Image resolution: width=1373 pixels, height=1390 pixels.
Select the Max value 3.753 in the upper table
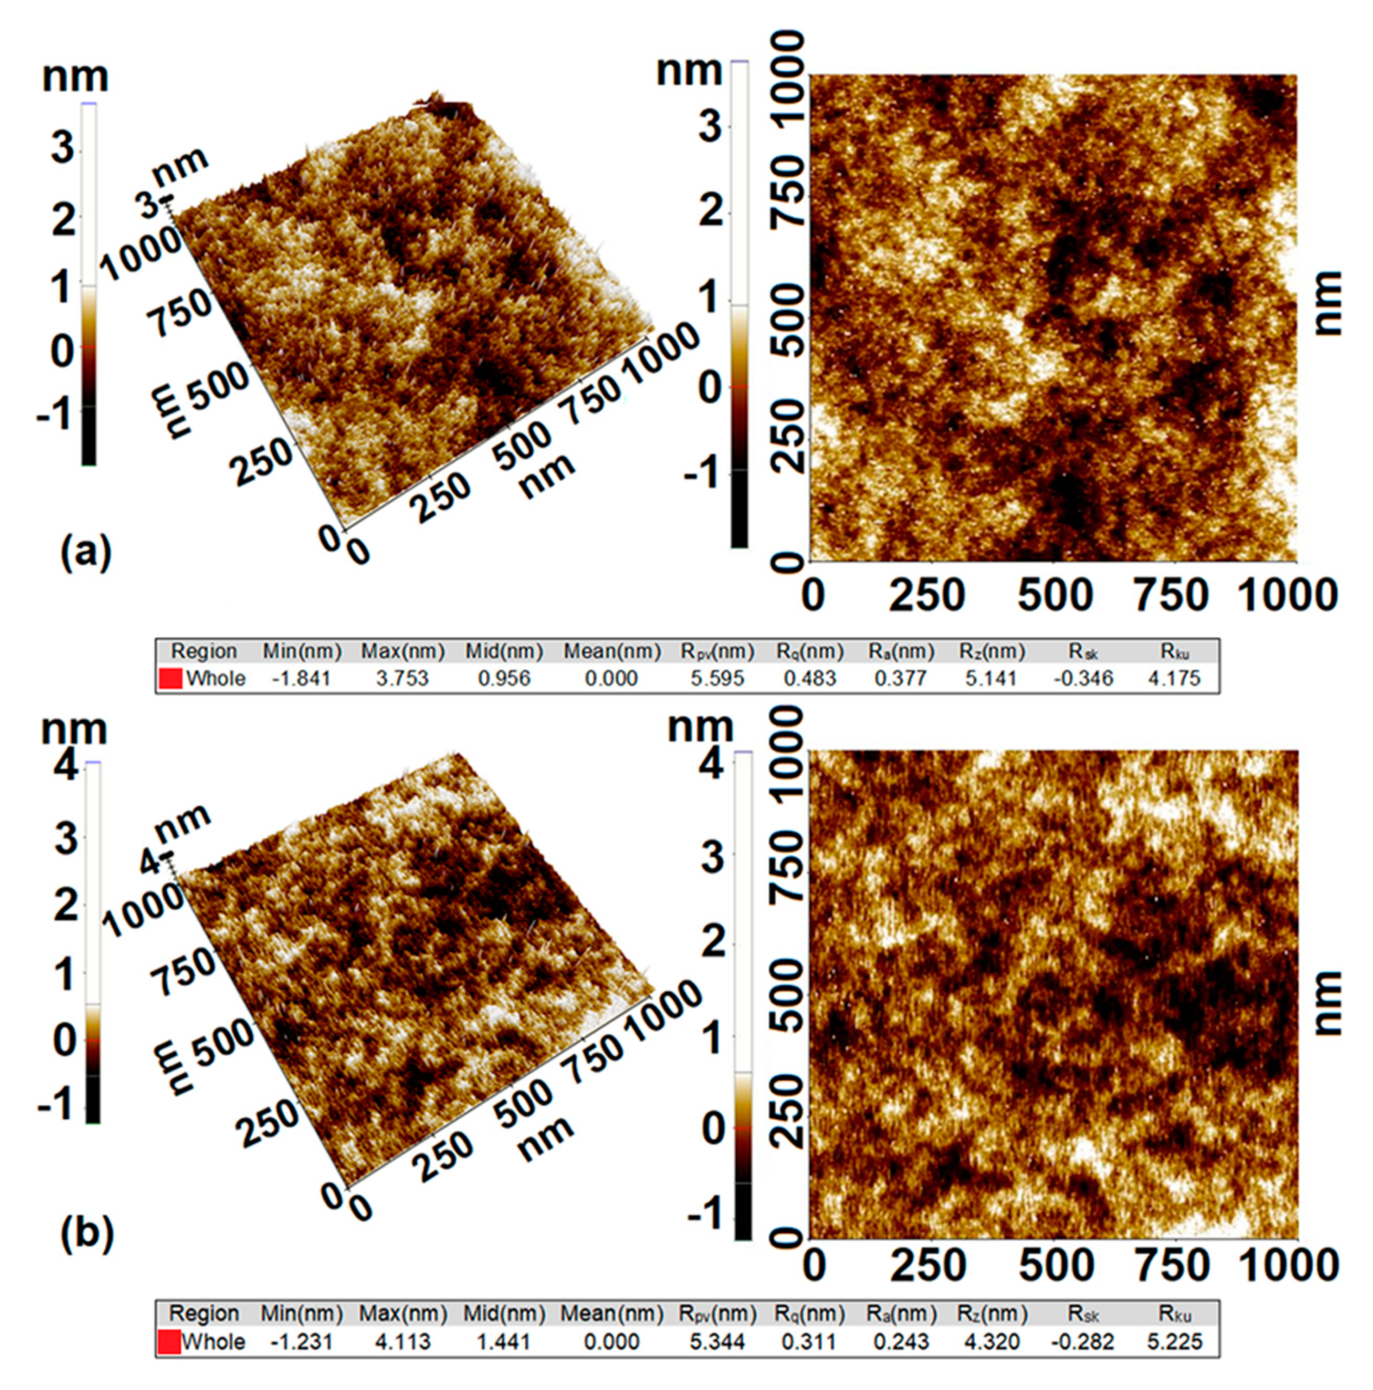[x=402, y=678]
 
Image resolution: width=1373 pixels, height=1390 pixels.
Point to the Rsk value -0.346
[x=1083, y=678]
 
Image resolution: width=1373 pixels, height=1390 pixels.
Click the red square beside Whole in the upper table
[x=171, y=678]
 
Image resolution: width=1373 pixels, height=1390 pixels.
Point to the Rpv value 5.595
[x=718, y=678]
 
